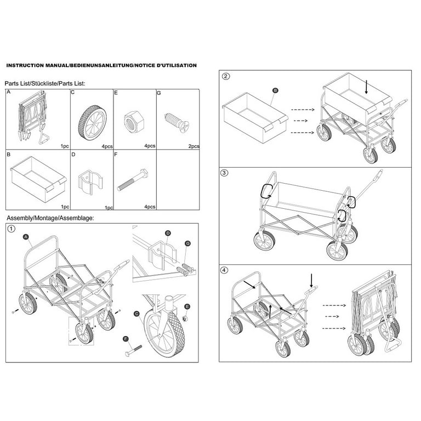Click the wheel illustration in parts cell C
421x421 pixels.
click(x=92, y=122)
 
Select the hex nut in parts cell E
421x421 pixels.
click(x=134, y=122)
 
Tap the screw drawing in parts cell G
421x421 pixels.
click(x=176, y=122)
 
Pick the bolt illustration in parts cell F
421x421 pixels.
click(x=132, y=180)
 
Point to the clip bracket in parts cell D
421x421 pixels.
click(x=90, y=181)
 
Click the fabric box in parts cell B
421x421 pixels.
click(x=38, y=179)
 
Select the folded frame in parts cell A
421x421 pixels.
click(x=33, y=117)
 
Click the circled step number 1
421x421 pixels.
click(x=11, y=229)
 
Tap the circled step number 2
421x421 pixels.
click(x=226, y=76)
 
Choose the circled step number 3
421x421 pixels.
click(x=224, y=173)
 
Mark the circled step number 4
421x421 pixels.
click(x=224, y=270)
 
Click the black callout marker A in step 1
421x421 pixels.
click(x=26, y=237)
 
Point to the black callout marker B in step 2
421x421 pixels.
click(x=275, y=90)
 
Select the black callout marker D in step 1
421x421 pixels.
click(x=168, y=233)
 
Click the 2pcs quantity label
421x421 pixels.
click(x=194, y=146)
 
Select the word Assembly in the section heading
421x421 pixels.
click(x=19, y=218)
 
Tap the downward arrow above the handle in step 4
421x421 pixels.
click(x=311, y=281)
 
